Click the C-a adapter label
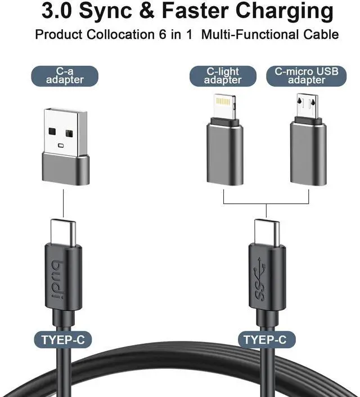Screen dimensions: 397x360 [x=64, y=75]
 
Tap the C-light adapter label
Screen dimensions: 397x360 [x=222, y=76]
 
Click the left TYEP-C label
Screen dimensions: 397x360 [x=63, y=339]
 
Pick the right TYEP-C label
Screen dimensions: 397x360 [x=265, y=339]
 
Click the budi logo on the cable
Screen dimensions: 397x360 [x=63, y=278]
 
